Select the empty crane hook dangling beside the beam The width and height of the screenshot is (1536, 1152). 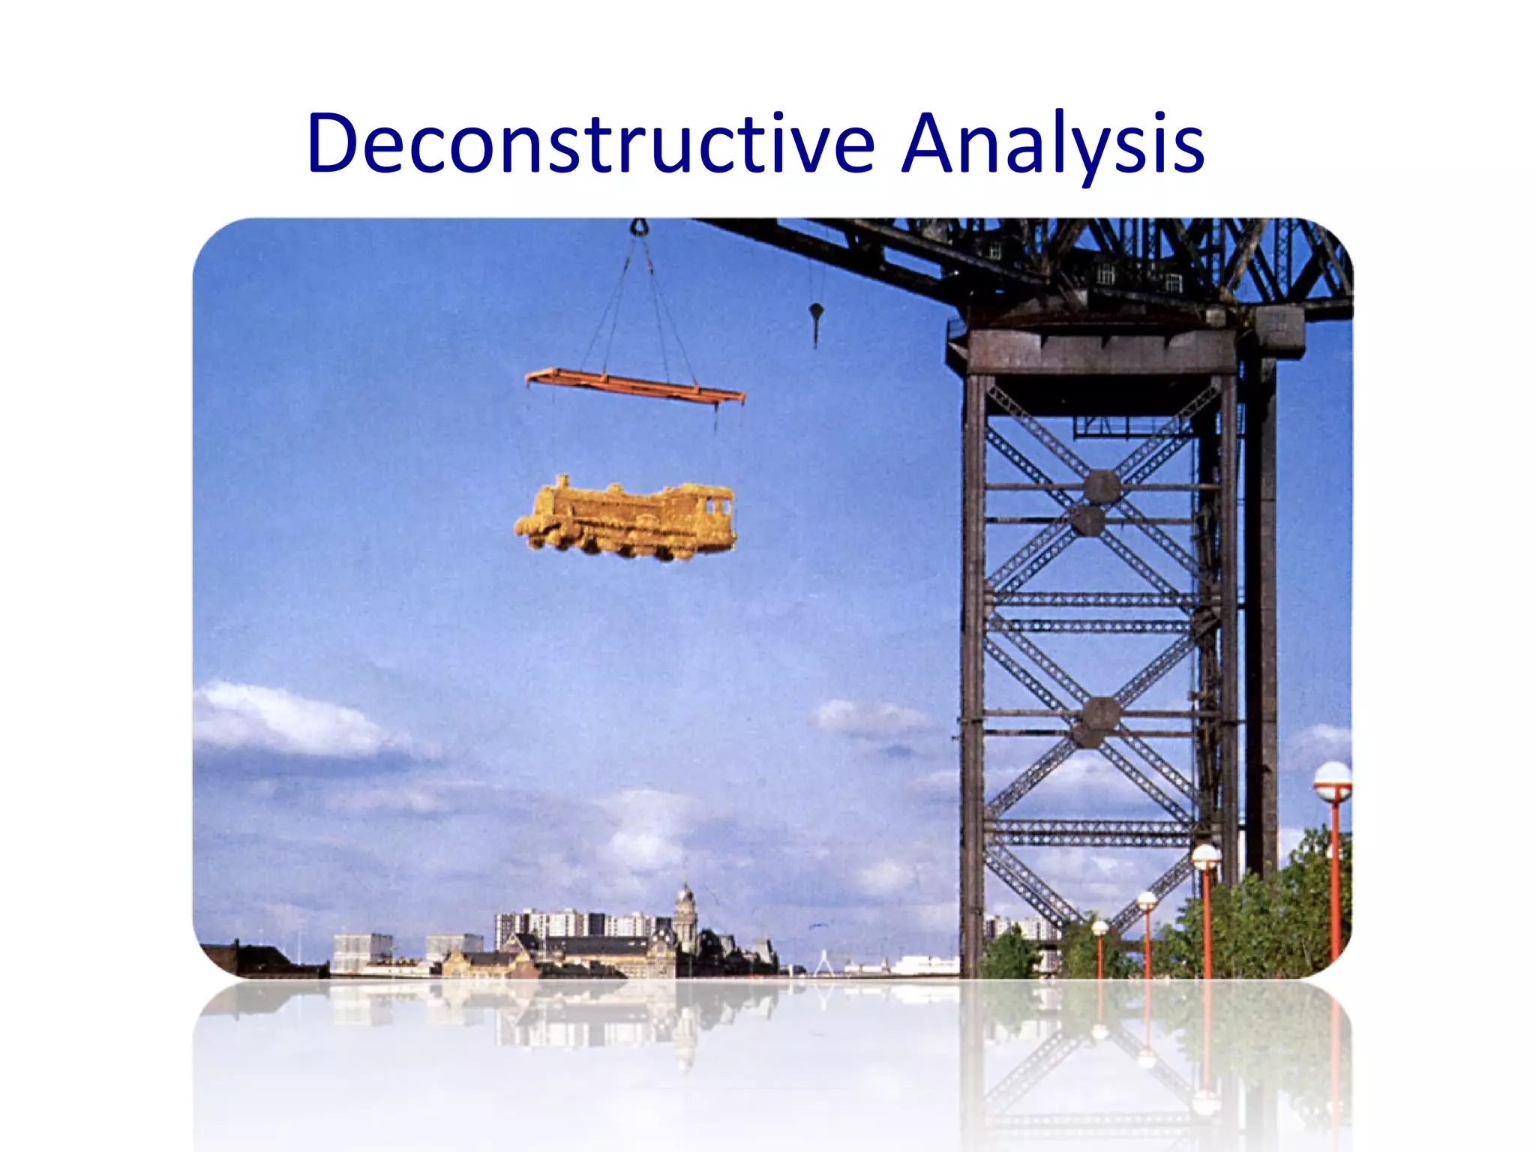(x=816, y=313)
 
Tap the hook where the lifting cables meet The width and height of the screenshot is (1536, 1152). (x=639, y=226)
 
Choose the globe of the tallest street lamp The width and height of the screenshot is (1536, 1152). (x=1333, y=780)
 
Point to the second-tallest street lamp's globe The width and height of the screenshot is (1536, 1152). (x=1205, y=856)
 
